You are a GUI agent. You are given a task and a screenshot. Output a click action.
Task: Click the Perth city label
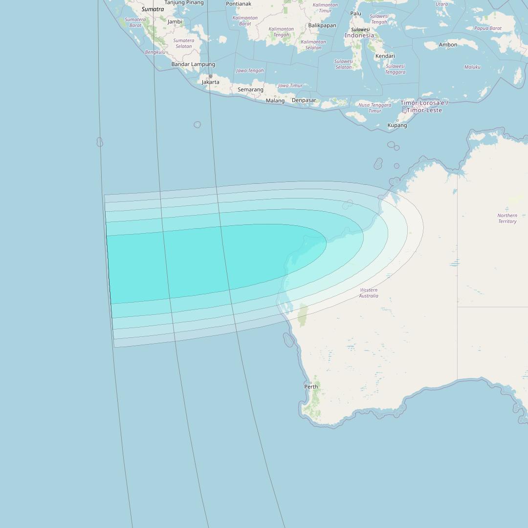311,387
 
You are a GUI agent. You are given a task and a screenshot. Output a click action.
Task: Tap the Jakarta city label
211,82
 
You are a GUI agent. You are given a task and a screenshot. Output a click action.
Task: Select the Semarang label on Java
250,89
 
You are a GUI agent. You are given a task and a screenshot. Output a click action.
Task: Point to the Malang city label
275,101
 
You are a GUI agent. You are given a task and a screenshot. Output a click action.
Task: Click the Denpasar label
304,100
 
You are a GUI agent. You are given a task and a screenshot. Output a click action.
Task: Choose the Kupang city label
397,125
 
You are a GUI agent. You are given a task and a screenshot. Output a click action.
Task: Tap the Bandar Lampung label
193,65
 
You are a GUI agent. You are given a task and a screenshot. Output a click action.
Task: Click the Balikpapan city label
322,25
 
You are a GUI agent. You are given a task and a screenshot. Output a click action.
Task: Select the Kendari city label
385,56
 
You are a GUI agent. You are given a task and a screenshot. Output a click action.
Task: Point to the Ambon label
448,45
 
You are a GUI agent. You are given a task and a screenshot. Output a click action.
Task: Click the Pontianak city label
239,4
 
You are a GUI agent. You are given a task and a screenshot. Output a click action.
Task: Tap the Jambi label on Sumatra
175,22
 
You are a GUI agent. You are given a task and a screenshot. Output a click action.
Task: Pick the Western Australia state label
369,293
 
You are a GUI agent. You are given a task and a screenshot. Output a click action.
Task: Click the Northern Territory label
507,219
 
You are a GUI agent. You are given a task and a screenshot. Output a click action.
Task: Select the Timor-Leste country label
424,107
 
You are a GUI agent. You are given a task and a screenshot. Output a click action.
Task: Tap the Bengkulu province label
155,52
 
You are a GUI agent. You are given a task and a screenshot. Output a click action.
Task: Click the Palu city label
356,13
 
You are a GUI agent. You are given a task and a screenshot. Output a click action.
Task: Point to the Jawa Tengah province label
250,70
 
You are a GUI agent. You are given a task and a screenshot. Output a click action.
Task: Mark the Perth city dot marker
311,383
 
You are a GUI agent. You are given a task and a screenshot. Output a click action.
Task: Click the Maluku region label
472,67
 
